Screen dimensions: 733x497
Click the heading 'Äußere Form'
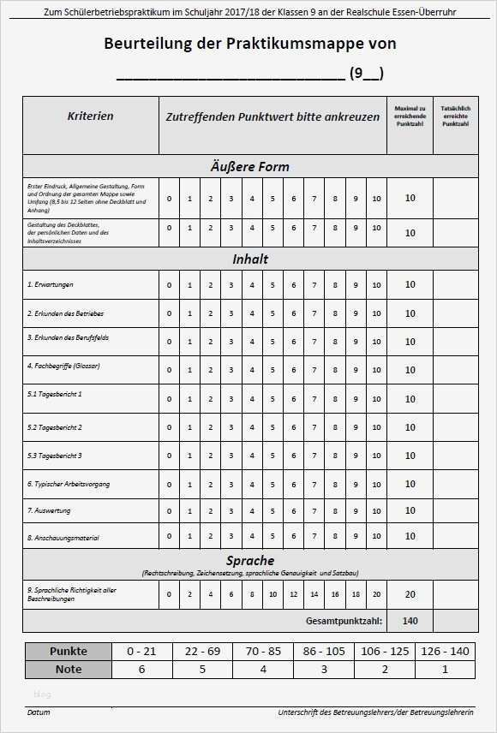[250, 167]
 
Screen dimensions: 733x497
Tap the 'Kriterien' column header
[90, 116]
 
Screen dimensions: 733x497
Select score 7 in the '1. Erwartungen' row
[314, 285]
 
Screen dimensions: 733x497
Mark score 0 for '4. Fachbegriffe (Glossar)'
[169, 370]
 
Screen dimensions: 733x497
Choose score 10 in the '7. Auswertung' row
[376, 511]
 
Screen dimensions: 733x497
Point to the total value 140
[410, 621]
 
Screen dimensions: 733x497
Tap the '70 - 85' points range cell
[262, 652]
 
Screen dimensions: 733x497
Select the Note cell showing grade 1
[445, 670]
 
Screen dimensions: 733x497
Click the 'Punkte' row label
[68, 652]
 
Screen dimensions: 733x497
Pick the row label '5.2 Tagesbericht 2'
[55, 427]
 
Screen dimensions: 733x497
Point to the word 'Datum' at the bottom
[39, 712]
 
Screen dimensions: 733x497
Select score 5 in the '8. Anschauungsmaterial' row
[272, 537]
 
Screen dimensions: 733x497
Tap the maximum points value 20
[410, 594]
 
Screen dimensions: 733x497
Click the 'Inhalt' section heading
[250, 259]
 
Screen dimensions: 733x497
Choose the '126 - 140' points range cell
[445, 652]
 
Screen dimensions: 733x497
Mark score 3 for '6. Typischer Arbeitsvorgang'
[231, 484]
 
